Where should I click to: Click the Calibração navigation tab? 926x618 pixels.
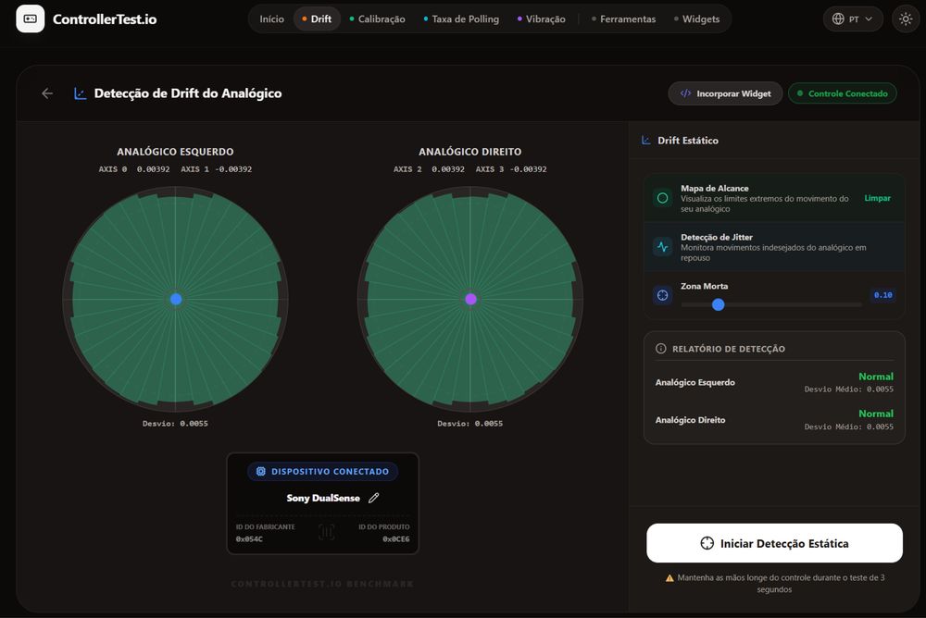click(378, 19)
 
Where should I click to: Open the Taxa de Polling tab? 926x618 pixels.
click(461, 19)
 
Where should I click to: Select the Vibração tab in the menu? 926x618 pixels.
click(541, 19)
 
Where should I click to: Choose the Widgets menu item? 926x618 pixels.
click(697, 19)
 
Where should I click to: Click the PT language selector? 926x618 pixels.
click(853, 19)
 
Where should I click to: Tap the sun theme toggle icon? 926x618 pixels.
click(906, 19)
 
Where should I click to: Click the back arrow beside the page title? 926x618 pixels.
click(47, 93)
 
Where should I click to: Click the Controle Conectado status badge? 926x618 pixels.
click(842, 93)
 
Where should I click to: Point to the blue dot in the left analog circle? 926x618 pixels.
click(176, 299)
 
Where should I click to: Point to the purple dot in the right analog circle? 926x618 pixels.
click(470, 299)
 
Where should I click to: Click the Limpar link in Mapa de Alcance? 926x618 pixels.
click(877, 198)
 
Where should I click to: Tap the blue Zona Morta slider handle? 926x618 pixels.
click(719, 304)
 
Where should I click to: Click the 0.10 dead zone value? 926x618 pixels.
click(882, 295)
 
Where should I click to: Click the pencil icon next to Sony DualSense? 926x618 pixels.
click(374, 498)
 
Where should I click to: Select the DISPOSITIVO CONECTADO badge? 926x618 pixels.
click(322, 472)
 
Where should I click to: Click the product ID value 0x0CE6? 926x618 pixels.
click(395, 539)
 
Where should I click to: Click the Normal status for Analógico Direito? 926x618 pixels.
click(876, 414)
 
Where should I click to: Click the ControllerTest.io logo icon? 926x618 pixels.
click(31, 19)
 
